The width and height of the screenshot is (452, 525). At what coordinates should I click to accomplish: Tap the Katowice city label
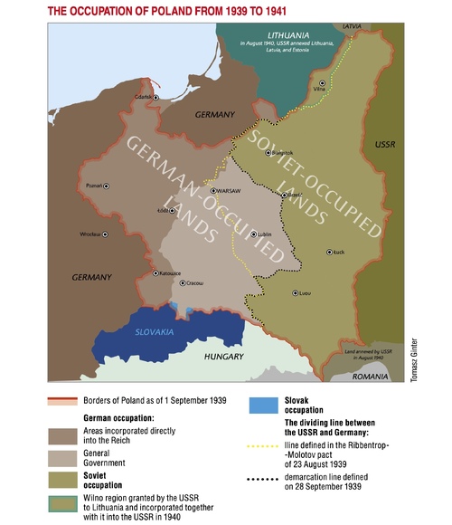point(171,272)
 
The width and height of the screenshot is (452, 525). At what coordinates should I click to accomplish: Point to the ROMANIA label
point(377,374)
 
